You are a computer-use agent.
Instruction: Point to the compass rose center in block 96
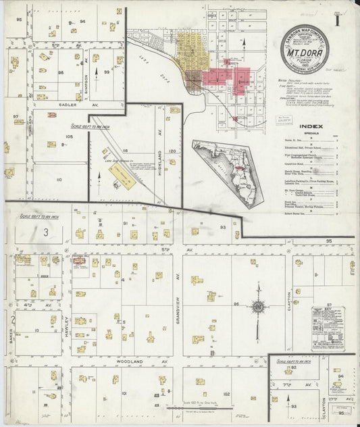coord(257,308)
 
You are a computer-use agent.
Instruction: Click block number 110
coord(59,179)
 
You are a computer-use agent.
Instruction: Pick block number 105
coord(69,136)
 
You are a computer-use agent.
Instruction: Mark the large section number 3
coord(46,232)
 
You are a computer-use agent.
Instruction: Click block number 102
coord(226,393)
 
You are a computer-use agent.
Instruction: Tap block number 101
coord(124,392)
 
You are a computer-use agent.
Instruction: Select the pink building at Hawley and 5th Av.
coord(78,260)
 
